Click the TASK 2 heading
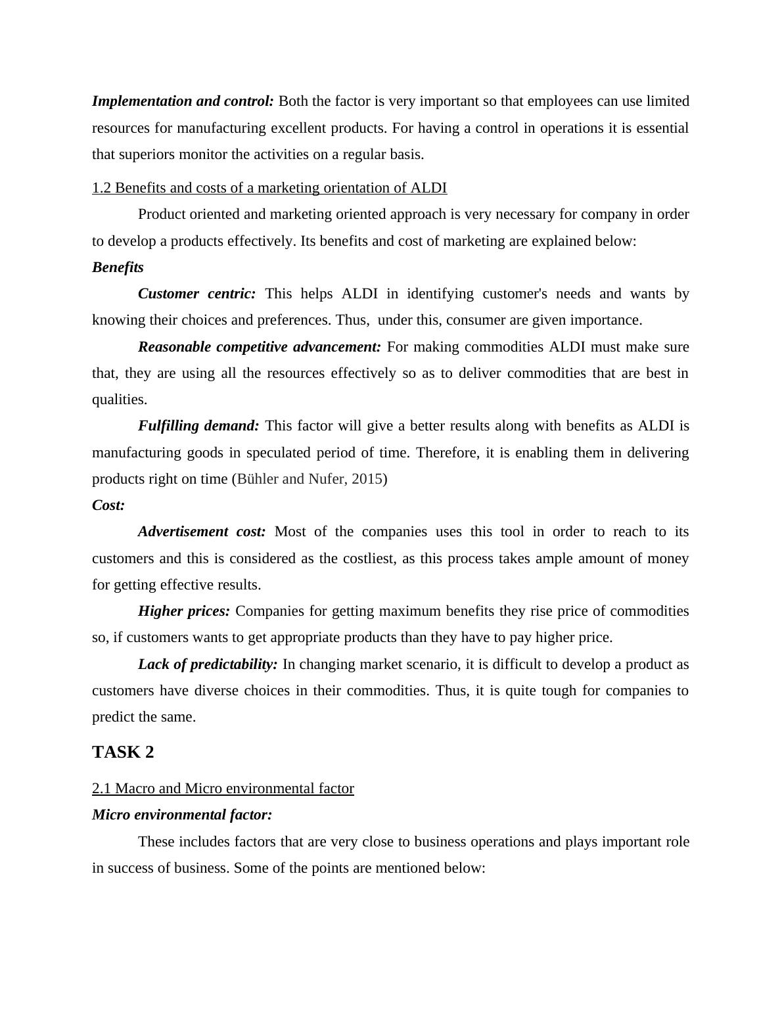[x=123, y=752]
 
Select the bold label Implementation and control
[x=183, y=101]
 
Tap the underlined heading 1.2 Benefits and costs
[x=269, y=188]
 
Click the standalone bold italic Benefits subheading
[x=118, y=267]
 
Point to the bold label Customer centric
[x=196, y=294]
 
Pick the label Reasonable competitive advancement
[x=259, y=347]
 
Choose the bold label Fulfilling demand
[x=198, y=426]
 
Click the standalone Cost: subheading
[x=108, y=505]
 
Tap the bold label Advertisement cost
[x=202, y=532]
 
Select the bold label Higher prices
[x=184, y=611]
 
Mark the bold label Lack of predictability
[x=208, y=664]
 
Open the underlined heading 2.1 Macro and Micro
[x=223, y=789]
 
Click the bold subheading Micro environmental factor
[x=182, y=815]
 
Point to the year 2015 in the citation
[x=367, y=479]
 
